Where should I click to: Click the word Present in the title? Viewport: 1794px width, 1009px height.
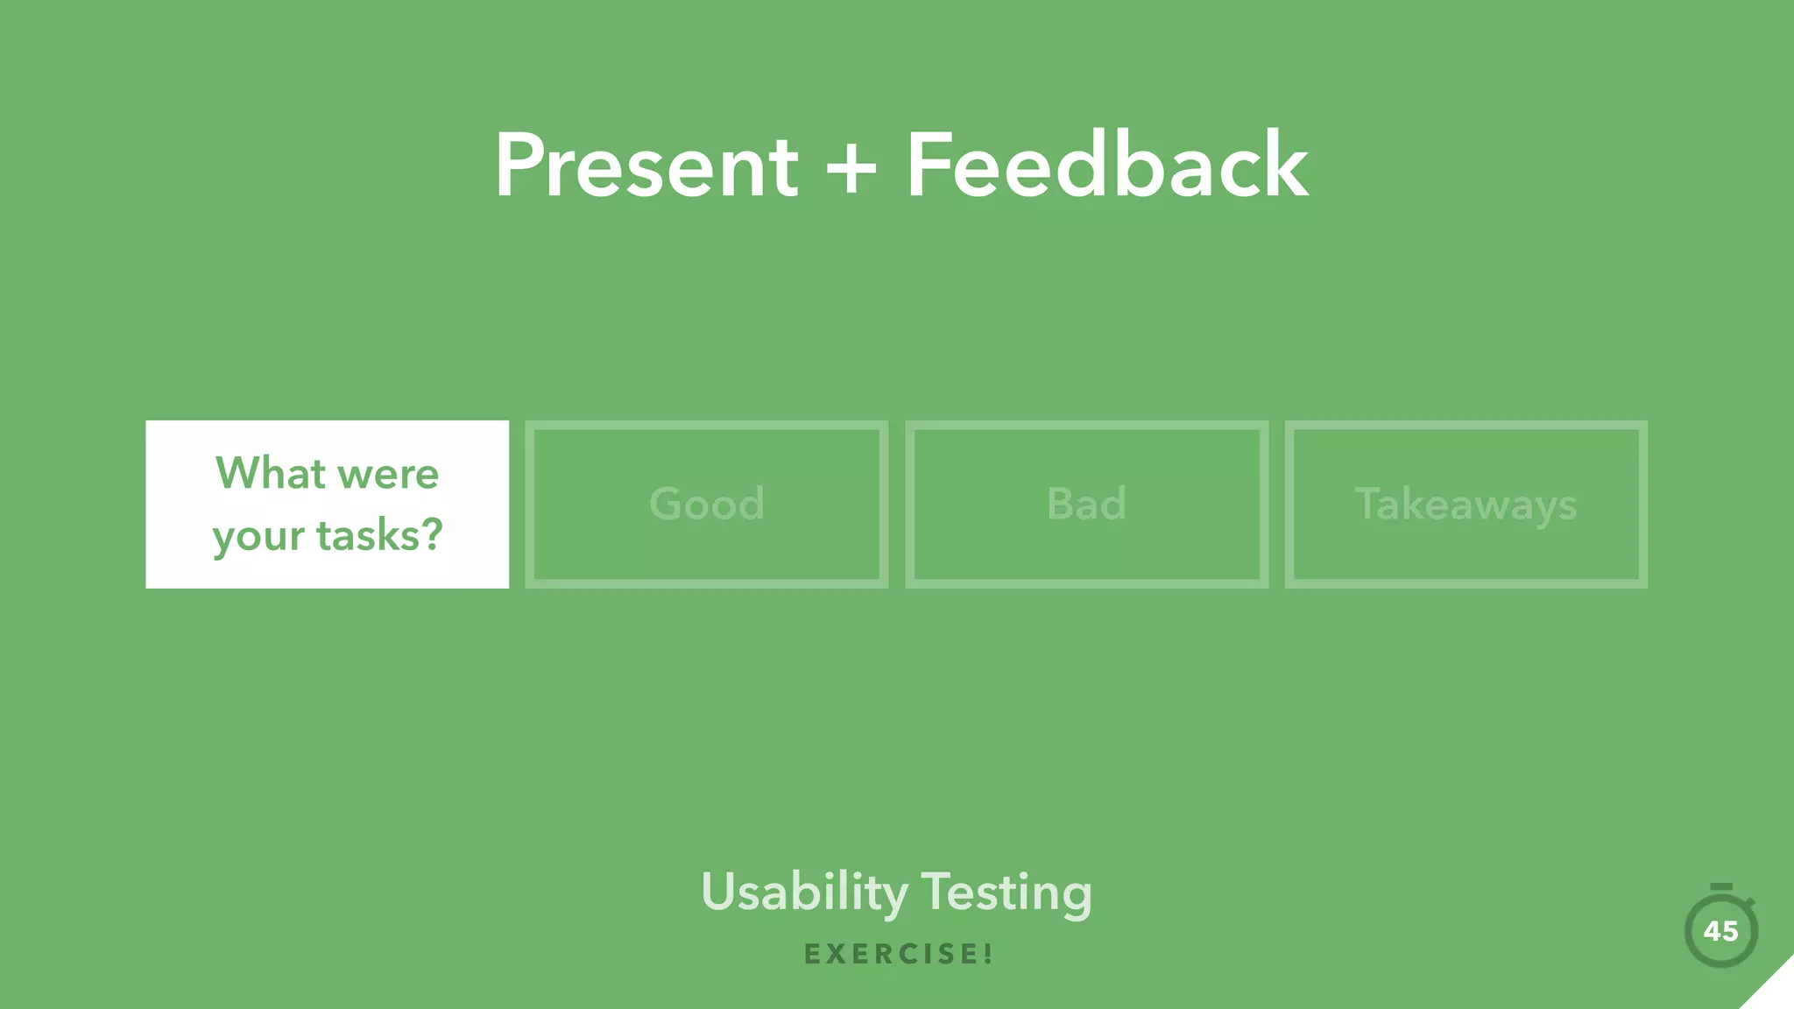646,166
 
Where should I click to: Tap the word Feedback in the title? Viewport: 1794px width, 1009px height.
1106,166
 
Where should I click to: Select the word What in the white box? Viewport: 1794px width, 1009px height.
271,474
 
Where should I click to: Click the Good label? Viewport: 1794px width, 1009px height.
707,504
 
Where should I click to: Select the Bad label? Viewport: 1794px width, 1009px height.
1086,504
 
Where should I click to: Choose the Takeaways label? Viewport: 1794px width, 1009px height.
1466,505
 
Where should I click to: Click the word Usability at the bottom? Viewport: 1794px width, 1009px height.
804,893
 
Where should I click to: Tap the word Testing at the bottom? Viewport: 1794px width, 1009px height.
1006,893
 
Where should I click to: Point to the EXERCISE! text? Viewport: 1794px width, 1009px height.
898,954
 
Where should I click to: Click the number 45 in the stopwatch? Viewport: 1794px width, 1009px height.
1720,931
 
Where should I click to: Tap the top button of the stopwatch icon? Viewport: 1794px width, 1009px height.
1720,887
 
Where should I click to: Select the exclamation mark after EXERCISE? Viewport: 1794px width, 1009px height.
988,954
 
